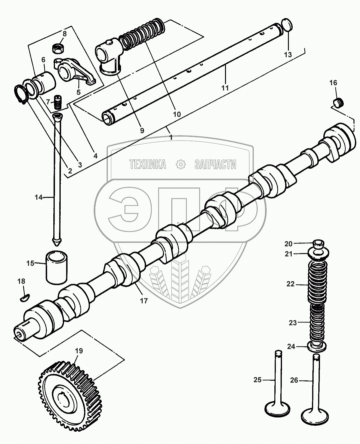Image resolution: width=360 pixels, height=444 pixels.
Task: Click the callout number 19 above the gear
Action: pyautogui.click(x=79, y=351)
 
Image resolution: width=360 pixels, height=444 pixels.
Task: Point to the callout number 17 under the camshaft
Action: pyautogui.click(x=144, y=301)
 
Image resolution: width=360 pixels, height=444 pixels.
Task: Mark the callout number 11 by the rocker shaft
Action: pyautogui.click(x=225, y=88)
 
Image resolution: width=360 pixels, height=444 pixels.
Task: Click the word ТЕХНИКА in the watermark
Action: pyautogui.click(x=147, y=164)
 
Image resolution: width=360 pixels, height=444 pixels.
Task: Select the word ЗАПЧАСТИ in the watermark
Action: pyautogui.click(x=215, y=164)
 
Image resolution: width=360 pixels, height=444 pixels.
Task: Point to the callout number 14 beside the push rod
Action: pyautogui.click(x=39, y=197)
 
